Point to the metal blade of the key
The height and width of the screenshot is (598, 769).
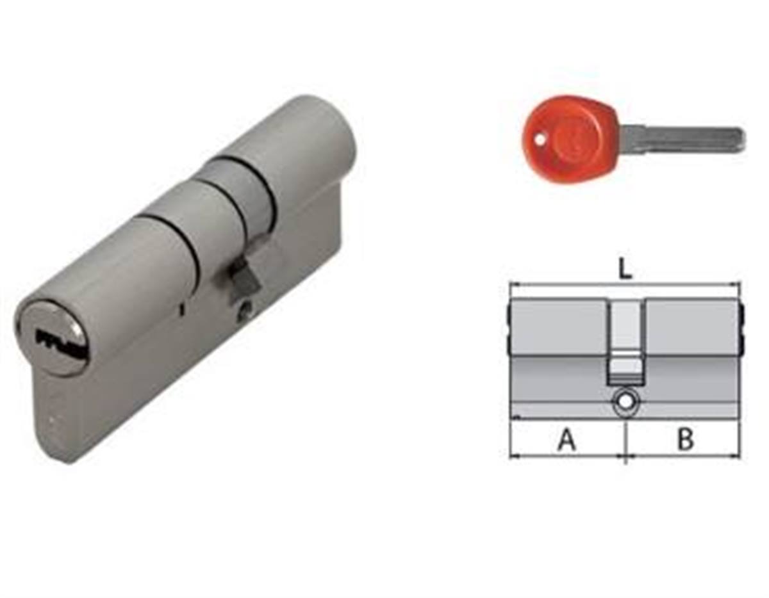683,139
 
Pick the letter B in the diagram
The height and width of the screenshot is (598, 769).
686,439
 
